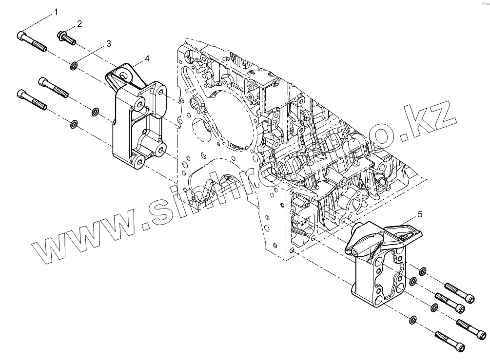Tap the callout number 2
(79, 23)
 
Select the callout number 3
(108, 43)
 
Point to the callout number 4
(147, 58)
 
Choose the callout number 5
(420, 213)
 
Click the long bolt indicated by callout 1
(32, 41)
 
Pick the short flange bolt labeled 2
(66, 38)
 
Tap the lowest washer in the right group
(412, 319)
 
